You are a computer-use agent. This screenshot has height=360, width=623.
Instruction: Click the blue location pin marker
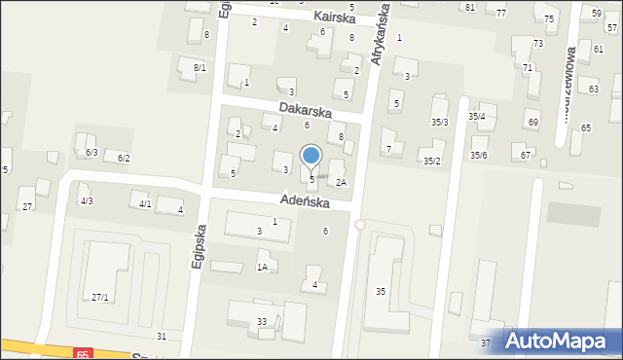[x=311, y=156]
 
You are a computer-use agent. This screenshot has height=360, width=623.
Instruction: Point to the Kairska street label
[x=336, y=18]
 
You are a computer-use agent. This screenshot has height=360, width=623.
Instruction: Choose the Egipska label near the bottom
[x=199, y=250]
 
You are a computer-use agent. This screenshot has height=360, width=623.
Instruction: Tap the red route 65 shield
[x=82, y=354]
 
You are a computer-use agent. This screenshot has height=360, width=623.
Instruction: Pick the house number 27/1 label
[x=100, y=297]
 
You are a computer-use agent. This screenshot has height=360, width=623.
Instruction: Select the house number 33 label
[x=261, y=322]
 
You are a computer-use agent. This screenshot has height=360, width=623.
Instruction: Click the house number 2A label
[x=342, y=182]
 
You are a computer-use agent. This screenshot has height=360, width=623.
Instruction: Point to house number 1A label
[x=262, y=268]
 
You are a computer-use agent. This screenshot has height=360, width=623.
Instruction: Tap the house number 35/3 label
[x=440, y=122]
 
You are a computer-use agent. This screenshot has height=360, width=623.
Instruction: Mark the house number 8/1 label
[x=200, y=67]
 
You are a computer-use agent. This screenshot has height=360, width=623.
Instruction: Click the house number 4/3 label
[x=87, y=200]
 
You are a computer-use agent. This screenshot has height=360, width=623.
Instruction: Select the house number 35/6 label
[x=479, y=156]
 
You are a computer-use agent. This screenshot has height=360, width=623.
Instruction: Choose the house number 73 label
[x=538, y=44]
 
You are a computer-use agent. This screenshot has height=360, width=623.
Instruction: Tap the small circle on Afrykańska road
[x=359, y=225]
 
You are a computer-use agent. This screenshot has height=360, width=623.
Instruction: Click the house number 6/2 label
[x=124, y=158]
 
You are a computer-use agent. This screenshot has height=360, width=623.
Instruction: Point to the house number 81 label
[x=470, y=8]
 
